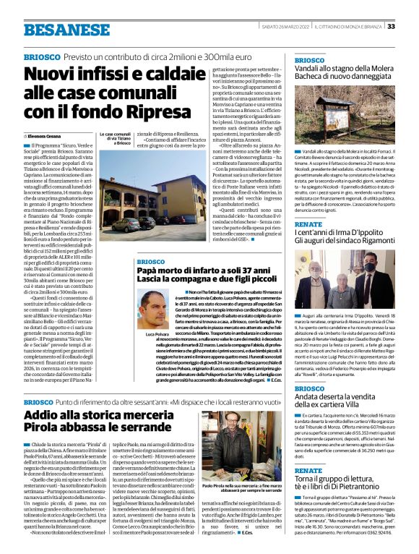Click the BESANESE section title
pos(55,30)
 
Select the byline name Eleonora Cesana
pos(46,135)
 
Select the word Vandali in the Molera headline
pos(311,69)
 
